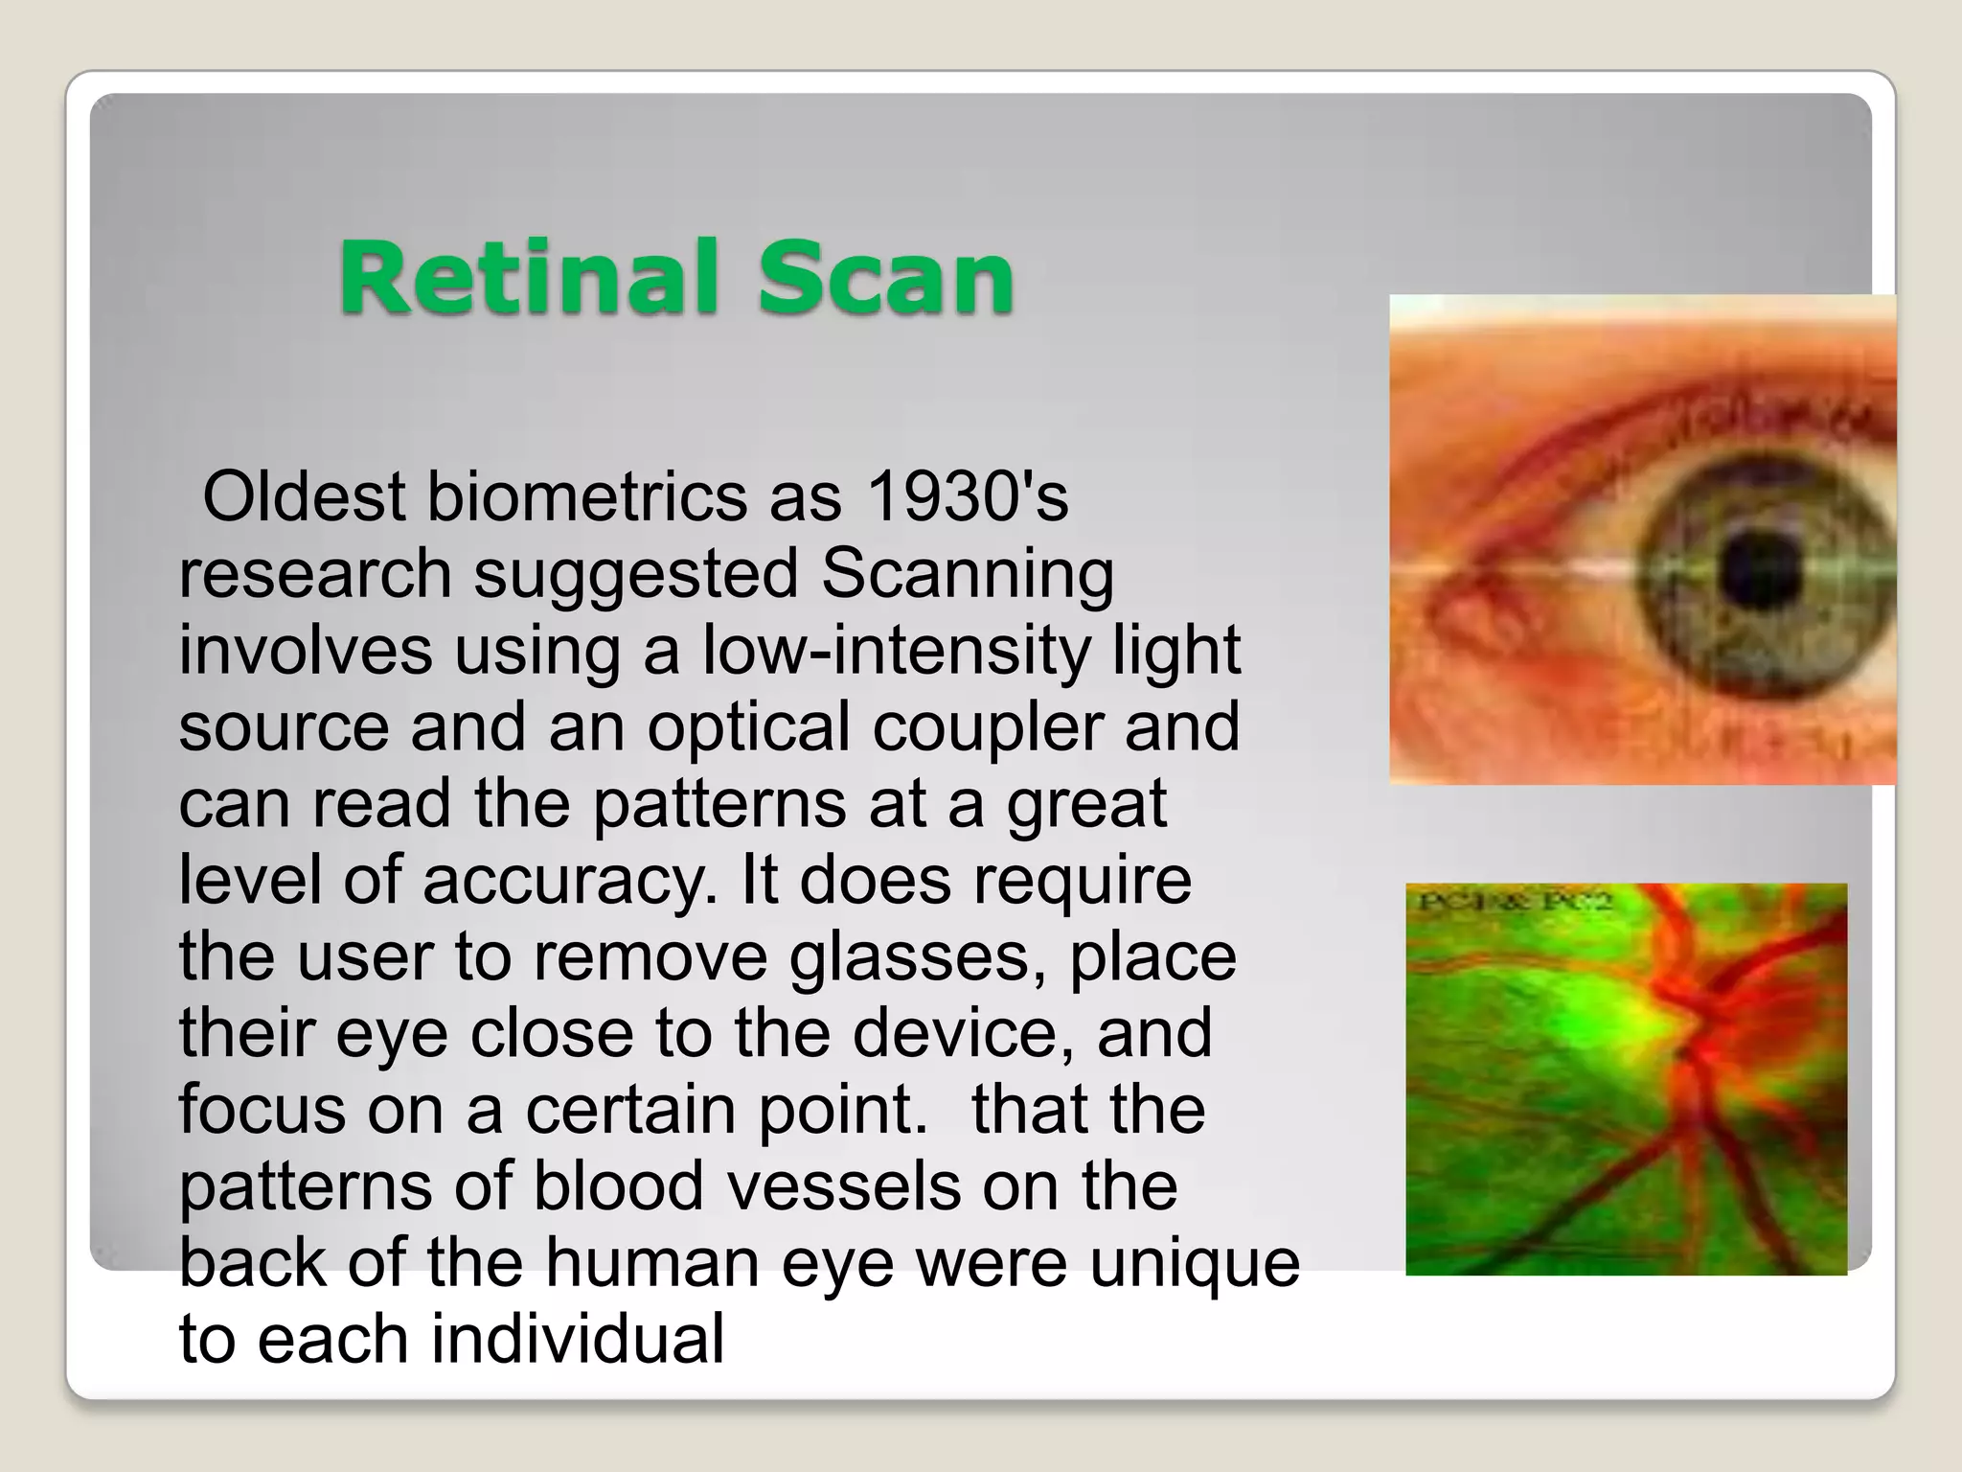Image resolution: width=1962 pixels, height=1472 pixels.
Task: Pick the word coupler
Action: tap(988, 727)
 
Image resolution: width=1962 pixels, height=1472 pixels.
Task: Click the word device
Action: tap(962, 1033)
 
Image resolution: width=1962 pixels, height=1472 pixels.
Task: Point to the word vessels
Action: tap(843, 1186)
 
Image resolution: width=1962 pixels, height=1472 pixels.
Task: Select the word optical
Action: tap(747, 727)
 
